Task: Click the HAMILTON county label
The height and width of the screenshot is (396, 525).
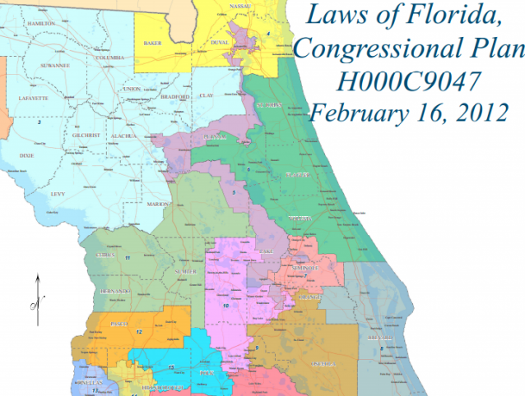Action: click(41, 24)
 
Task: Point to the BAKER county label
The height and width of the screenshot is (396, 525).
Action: click(151, 39)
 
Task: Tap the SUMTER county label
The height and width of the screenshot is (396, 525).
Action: click(184, 271)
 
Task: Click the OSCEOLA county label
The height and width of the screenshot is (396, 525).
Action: click(324, 362)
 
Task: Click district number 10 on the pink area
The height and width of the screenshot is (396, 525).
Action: click(225, 306)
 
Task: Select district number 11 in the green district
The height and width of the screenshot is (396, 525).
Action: click(128, 258)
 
